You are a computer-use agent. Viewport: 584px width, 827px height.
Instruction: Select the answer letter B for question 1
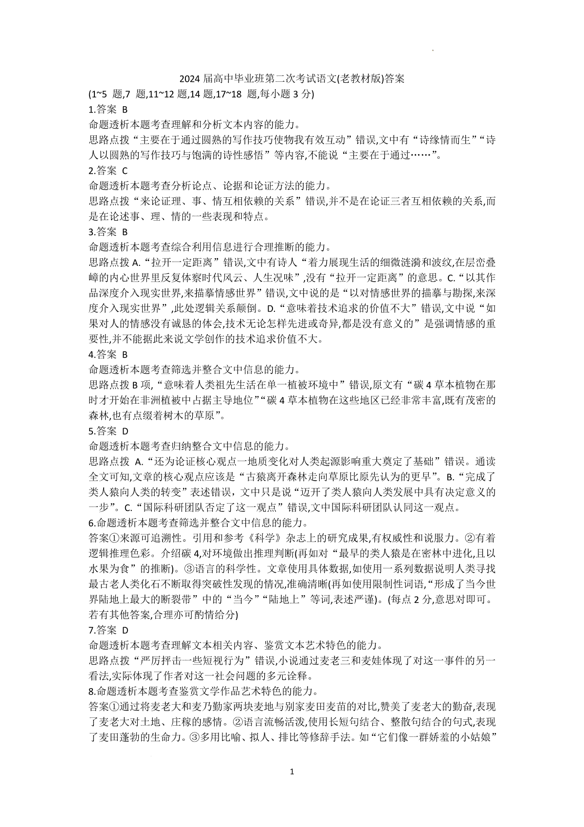coord(125,110)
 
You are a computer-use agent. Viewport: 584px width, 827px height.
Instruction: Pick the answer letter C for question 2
coord(125,170)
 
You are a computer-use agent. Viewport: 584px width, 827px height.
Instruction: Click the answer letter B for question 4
coord(125,354)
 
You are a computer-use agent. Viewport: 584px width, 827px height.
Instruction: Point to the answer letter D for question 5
coord(125,431)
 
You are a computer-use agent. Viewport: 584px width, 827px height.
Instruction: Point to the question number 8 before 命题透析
coord(91,691)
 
